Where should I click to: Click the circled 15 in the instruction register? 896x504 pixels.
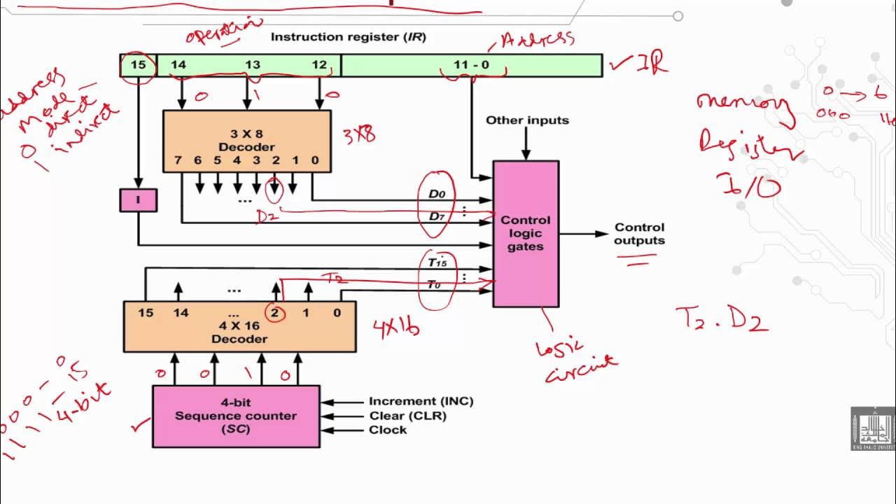pyautogui.click(x=139, y=65)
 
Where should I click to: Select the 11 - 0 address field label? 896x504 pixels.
pyautogui.click(x=471, y=65)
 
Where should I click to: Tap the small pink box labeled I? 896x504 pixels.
pyautogui.click(x=138, y=200)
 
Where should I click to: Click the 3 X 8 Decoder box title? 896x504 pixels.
pyautogui.click(x=246, y=140)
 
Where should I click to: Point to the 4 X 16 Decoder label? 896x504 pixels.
pyautogui.click(x=239, y=332)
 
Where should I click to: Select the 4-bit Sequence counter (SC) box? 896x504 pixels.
pyautogui.click(x=236, y=416)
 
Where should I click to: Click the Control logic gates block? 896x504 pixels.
pyautogui.click(x=526, y=233)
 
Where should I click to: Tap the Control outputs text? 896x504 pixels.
pyautogui.click(x=639, y=234)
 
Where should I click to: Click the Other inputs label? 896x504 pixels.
pyautogui.click(x=527, y=120)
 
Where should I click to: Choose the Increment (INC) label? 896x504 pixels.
pyautogui.click(x=421, y=401)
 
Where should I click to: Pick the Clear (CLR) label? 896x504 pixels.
pyautogui.click(x=407, y=416)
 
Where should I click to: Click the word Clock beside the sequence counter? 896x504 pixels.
pyautogui.click(x=388, y=430)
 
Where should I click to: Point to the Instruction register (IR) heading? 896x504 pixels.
pyautogui.click(x=348, y=36)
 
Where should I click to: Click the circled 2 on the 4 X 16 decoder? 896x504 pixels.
pyautogui.click(x=274, y=313)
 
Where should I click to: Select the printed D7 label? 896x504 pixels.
pyautogui.click(x=437, y=216)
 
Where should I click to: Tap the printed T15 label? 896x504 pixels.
pyautogui.click(x=437, y=263)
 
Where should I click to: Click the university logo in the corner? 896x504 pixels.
pyautogui.click(x=872, y=428)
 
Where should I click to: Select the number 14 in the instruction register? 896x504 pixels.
pyautogui.click(x=178, y=65)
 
